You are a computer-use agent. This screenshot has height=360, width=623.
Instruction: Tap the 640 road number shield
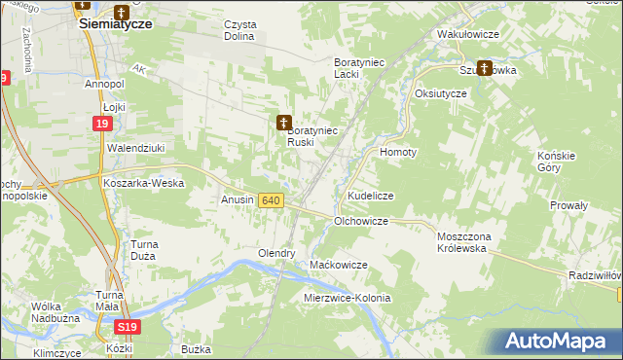point(271,200)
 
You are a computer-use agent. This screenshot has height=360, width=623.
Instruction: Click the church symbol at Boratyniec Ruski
point(284,122)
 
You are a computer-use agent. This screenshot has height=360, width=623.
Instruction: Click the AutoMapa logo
point(556,342)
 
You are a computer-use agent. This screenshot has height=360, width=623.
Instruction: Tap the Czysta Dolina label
point(238,30)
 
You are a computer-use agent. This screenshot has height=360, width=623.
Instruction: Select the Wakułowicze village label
point(468,34)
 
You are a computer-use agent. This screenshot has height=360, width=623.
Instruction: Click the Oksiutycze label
point(441,93)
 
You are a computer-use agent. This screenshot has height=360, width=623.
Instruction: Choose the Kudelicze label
point(370,196)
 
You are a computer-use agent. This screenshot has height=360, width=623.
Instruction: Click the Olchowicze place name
point(361,222)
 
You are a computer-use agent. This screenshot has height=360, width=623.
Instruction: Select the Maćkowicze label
point(338,265)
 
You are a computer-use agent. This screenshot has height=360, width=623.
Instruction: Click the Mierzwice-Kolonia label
point(348,298)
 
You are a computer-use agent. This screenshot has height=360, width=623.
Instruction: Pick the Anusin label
point(238,200)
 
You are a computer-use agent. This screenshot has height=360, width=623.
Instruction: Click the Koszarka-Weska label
point(144,182)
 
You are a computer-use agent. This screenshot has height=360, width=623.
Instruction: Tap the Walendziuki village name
point(132,148)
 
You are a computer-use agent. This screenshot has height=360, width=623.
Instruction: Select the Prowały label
point(568,205)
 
